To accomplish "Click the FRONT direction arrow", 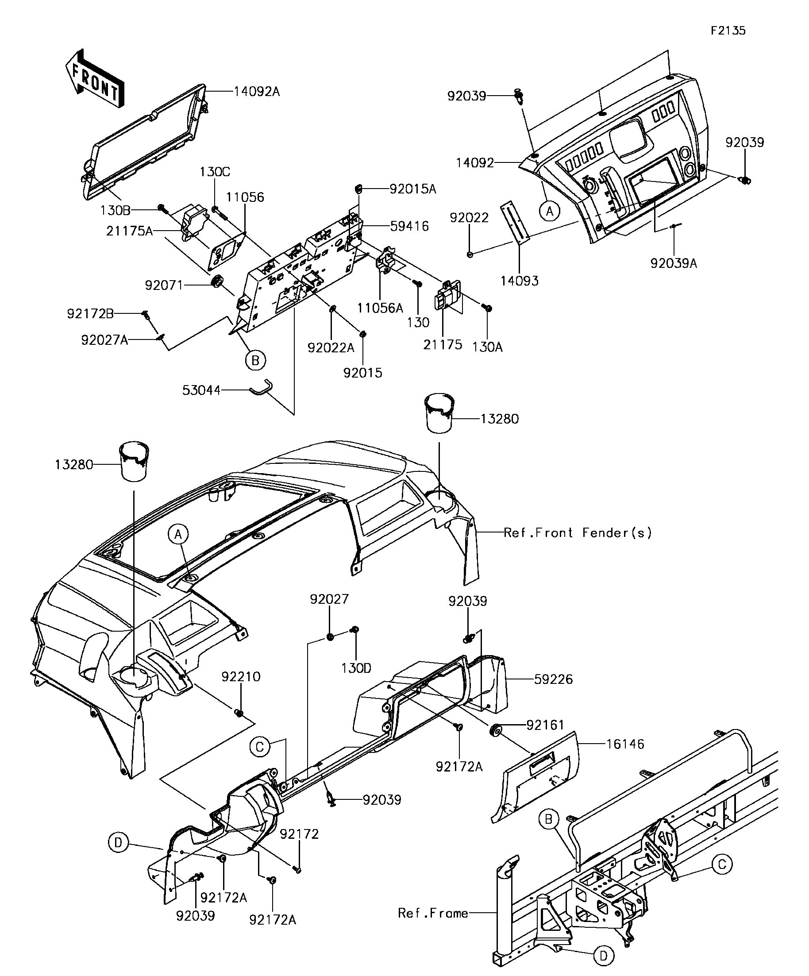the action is pyautogui.click(x=94, y=78).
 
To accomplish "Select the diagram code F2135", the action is pyautogui.click(x=728, y=31).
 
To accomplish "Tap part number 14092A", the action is pyautogui.click(x=257, y=92).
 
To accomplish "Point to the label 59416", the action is pyautogui.click(x=409, y=226).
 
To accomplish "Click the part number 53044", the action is pyautogui.click(x=201, y=390).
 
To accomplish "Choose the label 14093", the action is pyautogui.click(x=520, y=281).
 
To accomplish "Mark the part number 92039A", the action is pyautogui.click(x=674, y=263).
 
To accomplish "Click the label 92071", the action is pyautogui.click(x=164, y=285).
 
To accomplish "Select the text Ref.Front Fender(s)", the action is pyautogui.click(x=578, y=532).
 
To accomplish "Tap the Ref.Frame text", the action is pyautogui.click(x=433, y=914).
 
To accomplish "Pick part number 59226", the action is pyautogui.click(x=554, y=679).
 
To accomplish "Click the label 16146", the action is pyautogui.click(x=625, y=744).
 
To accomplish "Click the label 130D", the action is pyautogui.click(x=356, y=668).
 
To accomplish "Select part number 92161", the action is pyautogui.click(x=545, y=725).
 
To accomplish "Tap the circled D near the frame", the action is pyautogui.click(x=604, y=956).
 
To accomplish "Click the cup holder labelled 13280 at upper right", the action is pyautogui.click(x=439, y=413).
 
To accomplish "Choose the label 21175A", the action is pyautogui.click(x=130, y=231).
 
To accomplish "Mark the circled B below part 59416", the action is pyautogui.click(x=255, y=360).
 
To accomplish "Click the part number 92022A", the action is pyautogui.click(x=331, y=347).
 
